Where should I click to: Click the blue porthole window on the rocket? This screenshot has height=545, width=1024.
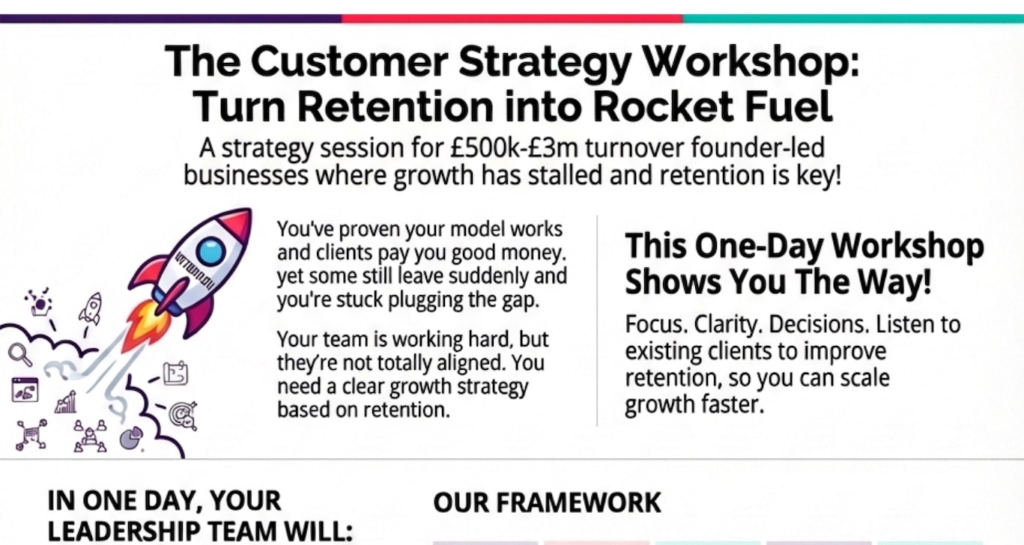coord(212,250)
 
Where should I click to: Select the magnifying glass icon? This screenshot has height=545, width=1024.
coord(18,353)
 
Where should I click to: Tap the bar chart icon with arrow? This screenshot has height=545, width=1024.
coord(66,402)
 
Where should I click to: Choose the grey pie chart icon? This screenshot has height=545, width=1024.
coord(131,439)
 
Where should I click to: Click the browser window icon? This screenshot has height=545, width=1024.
coord(24,390)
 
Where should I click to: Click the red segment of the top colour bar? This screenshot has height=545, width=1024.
coord(512,19)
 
